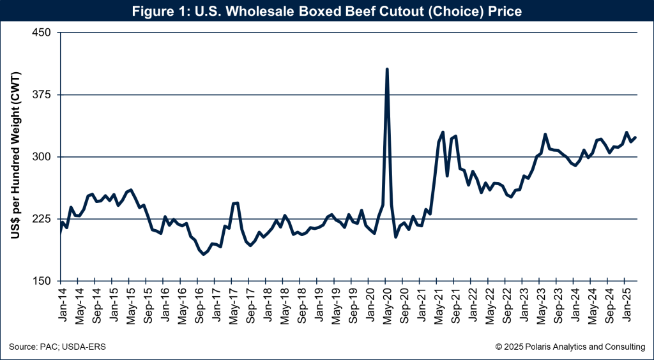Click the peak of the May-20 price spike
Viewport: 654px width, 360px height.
point(387,69)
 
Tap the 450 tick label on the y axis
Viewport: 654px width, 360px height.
point(45,33)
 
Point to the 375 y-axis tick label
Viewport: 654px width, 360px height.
point(45,95)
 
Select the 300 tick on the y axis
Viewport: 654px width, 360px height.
point(45,157)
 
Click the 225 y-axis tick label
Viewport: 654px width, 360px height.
point(45,219)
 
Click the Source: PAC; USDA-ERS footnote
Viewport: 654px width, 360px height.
point(57,347)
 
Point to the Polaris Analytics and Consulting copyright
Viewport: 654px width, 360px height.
point(570,347)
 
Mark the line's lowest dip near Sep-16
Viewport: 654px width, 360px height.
point(204,254)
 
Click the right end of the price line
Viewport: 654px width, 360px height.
point(636,137)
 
